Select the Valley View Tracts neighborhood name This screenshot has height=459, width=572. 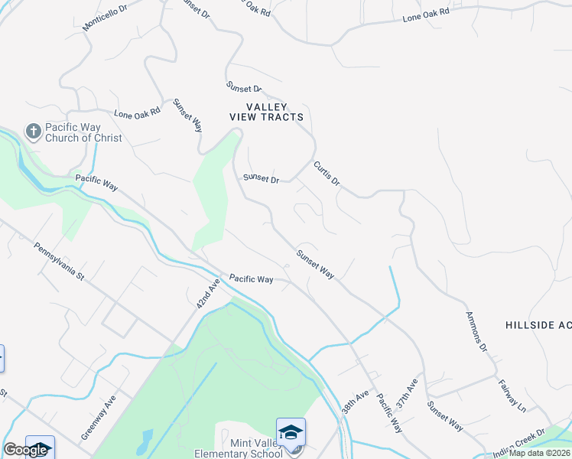coord(267,112)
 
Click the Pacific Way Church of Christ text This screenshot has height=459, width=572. coord(83,132)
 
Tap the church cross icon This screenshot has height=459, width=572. coord(33,132)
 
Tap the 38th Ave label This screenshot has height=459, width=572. coord(356,401)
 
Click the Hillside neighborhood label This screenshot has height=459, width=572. coord(538,325)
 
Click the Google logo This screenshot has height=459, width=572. coord(25,450)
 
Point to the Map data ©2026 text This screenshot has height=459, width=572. coord(539,453)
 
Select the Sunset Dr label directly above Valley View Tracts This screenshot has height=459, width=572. coord(244,89)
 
